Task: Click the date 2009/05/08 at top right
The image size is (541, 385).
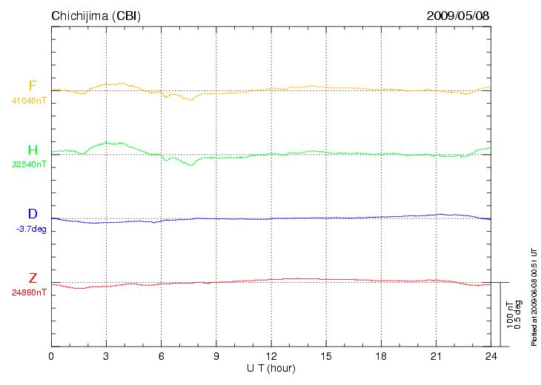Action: tap(458, 16)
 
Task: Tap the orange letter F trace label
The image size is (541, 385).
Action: tap(33, 86)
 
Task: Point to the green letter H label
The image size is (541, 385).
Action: tap(33, 150)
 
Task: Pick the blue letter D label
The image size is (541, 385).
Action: tap(33, 215)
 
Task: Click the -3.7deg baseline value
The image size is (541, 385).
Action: tap(31, 229)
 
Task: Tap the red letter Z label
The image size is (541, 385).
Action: tap(33, 278)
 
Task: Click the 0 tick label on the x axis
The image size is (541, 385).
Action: tap(51, 357)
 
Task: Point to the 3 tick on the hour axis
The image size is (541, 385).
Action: tap(106, 357)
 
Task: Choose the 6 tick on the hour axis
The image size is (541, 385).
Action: tap(161, 357)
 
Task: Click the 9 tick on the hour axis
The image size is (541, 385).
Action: tap(216, 357)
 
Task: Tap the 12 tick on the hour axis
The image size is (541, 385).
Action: tap(270, 357)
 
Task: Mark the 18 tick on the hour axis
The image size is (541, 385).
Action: tap(380, 357)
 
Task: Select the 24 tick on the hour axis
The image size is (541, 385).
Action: tap(490, 357)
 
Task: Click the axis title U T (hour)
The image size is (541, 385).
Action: tap(271, 368)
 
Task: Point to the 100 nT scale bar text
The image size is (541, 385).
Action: tap(510, 315)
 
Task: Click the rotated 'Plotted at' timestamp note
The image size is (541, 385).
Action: tap(534, 296)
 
